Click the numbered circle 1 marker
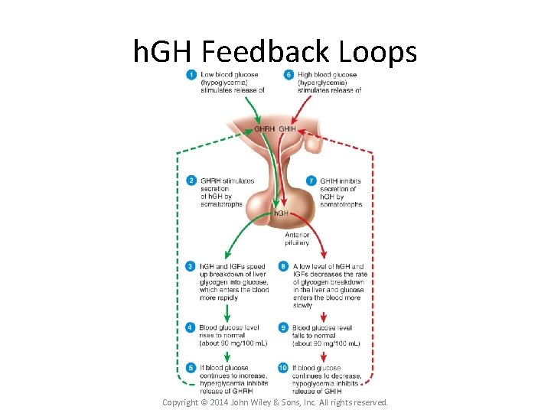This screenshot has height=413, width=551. click(x=191, y=74)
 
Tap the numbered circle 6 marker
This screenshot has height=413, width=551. click(x=289, y=74)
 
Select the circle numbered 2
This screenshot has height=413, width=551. click(x=191, y=180)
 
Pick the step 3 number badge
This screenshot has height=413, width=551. click(x=191, y=266)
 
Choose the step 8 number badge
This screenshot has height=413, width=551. click(x=283, y=266)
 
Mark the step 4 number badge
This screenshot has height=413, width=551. click(x=191, y=327)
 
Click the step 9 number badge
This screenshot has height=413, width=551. click(x=283, y=327)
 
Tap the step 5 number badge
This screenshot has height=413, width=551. click(x=191, y=368)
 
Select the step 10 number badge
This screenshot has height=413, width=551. click(x=283, y=368)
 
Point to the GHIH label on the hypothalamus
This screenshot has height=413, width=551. click(x=287, y=129)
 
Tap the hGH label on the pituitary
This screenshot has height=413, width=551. click(x=281, y=213)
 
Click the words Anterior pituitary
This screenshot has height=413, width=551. click(x=298, y=238)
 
